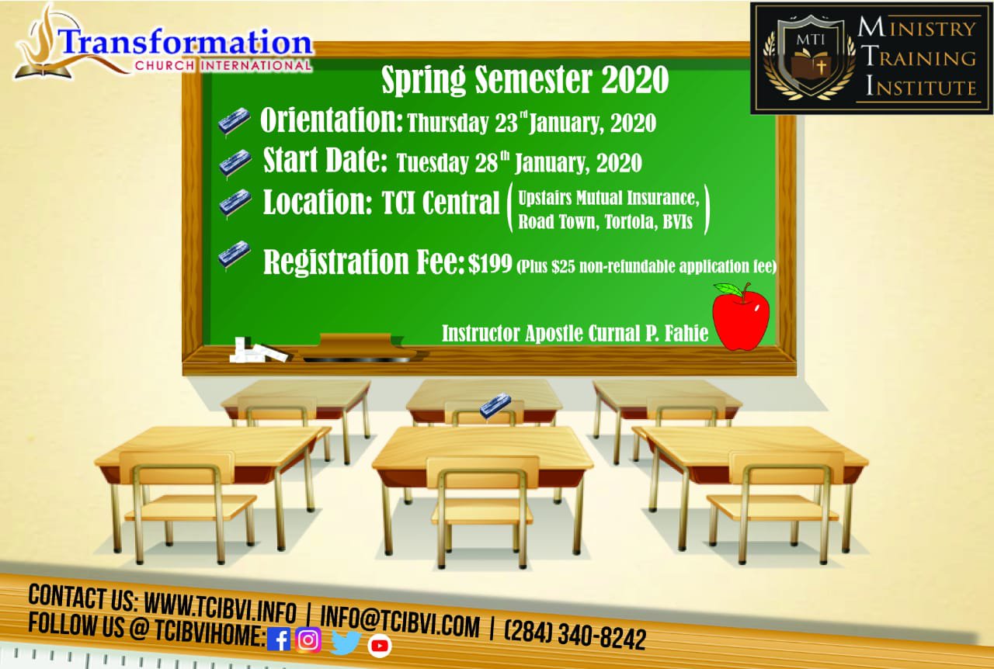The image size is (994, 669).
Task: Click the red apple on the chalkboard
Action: click(x=741, y=317)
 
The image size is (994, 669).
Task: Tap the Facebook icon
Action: click(x=279, y=640)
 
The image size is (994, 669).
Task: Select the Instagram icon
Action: click(x=308, y=640)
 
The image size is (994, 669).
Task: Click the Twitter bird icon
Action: click(x=346, y=642)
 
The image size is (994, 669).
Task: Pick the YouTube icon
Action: click(x=380, y=646)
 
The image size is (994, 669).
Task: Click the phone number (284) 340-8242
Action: click(x=575, y=636)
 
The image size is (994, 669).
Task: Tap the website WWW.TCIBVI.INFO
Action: click(x=221, y=608)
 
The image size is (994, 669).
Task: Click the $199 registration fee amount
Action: click(x=490, y=264)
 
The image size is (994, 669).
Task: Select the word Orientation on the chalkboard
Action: click(x=332, y=120)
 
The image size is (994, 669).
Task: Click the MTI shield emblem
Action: click(x=810, y=57)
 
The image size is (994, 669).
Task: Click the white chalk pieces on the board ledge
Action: click(x=257, y=351)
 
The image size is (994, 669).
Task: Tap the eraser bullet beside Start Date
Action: click(x=235, y=163)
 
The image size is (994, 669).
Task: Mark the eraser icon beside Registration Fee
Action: click(x=235, y=255)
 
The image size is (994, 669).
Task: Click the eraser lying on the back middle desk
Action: click(x=495, y=405)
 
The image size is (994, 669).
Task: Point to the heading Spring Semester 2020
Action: click(x=525, y=80)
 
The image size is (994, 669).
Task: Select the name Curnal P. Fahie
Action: click(x=648, y=334)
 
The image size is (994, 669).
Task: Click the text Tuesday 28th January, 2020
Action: click(x=519, y=162)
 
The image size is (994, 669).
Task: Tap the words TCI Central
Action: click(x=440, y=203)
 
